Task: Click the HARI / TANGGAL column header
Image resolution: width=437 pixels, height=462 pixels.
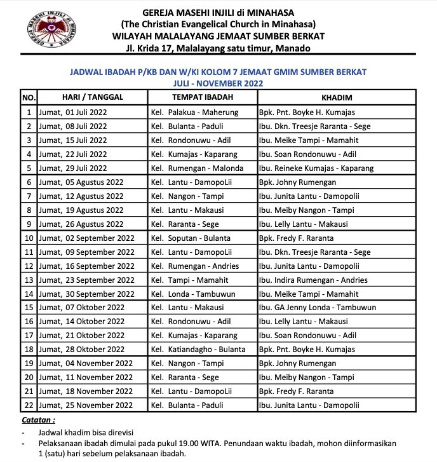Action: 93,97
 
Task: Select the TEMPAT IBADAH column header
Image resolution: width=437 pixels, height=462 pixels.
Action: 203,97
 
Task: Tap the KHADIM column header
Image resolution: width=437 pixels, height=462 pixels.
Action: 337,97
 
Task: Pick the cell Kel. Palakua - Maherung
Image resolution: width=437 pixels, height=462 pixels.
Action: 194,112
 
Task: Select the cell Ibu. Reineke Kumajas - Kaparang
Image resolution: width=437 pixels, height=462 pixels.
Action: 316,168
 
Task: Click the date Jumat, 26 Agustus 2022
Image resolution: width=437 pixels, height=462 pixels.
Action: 81,224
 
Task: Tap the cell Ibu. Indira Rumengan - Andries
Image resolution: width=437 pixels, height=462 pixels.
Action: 313,280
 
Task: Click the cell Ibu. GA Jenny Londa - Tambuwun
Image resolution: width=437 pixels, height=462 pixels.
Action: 317,308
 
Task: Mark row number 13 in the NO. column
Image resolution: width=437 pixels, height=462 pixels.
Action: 29,280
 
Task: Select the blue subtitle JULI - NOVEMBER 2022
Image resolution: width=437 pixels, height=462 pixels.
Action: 218,83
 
